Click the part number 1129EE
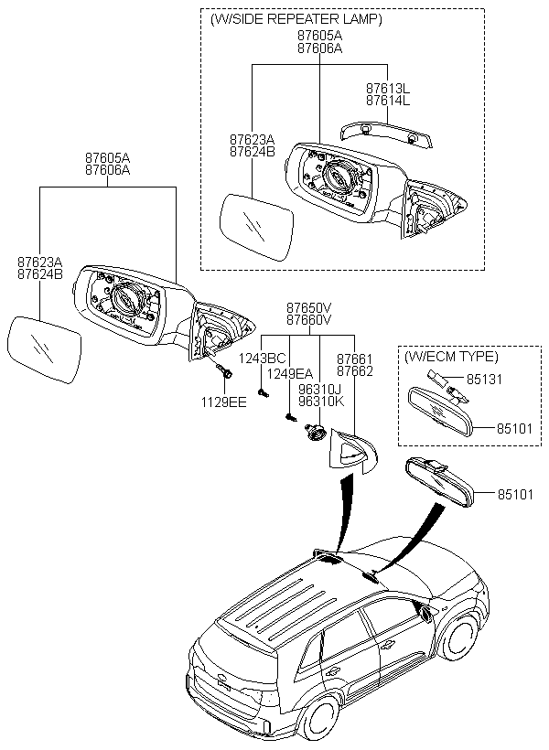[x=224, y=401]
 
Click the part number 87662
[x=354, y=372]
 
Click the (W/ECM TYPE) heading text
[x=451, y=356]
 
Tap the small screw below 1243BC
[x=263, y=393]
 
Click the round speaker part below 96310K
[x=318, y=433]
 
